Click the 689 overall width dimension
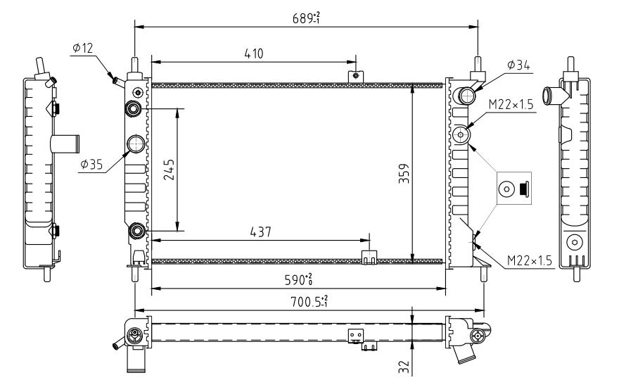tap(306, 18)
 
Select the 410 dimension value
tap(253, 53)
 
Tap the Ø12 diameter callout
tap(83, 48)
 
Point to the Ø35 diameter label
tap(91, 164)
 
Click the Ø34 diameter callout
tap(518, 65)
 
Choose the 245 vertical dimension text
tap(169, 170)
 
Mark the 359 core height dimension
tap(404, 173)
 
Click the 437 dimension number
tap(260, 231)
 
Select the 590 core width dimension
tap(299, 279)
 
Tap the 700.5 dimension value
tap(309, 301)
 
